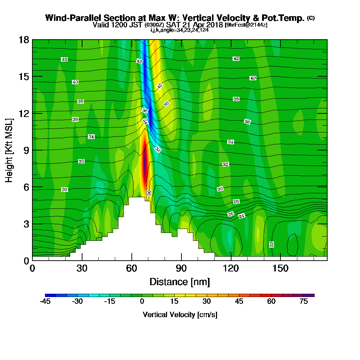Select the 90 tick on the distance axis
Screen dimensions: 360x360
pos(181,269)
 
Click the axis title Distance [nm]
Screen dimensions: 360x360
pos(180,282)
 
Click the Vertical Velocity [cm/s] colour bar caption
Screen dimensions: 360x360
pos(180,315)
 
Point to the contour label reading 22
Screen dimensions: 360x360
pos(272,244)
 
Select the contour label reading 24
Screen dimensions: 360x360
pos(242,216)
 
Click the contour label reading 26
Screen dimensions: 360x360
pos(231,214)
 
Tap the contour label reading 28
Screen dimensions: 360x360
pos(236,202)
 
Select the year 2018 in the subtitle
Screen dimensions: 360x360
pos(213,25)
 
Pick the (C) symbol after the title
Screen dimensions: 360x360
pos(311,18)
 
